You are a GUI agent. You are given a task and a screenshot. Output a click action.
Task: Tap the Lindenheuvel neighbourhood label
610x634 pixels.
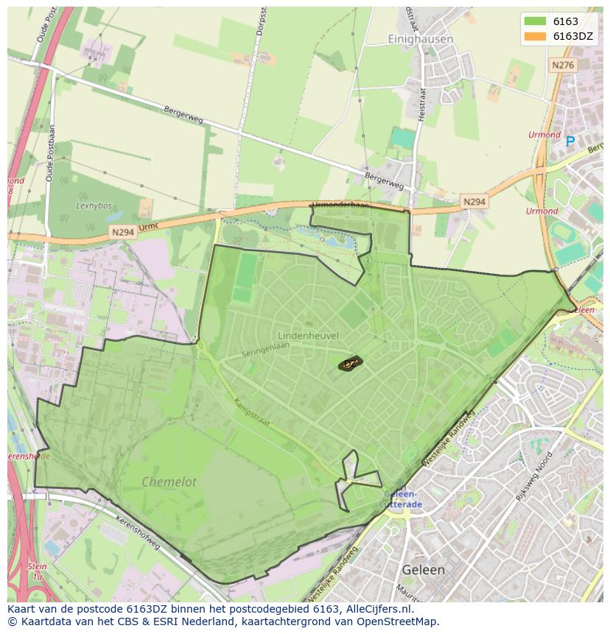click(308, 336)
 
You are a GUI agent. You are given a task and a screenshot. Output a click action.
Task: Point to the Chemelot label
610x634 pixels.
click(169, 482)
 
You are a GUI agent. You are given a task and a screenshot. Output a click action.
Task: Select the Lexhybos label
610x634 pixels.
click(93, 206)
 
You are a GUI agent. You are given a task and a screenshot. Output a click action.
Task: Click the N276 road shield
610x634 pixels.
click(562, 66)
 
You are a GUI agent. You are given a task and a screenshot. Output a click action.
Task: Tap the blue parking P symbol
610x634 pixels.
click(569, 141)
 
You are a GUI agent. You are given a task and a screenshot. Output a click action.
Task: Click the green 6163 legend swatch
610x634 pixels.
click(535, 22)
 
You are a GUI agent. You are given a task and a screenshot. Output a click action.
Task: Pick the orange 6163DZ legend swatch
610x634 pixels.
click(535, 37)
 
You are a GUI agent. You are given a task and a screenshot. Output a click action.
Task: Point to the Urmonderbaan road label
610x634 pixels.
click(340, 205)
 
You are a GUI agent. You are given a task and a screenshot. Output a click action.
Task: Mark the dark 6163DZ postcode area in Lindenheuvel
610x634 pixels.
click(350, 363)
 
